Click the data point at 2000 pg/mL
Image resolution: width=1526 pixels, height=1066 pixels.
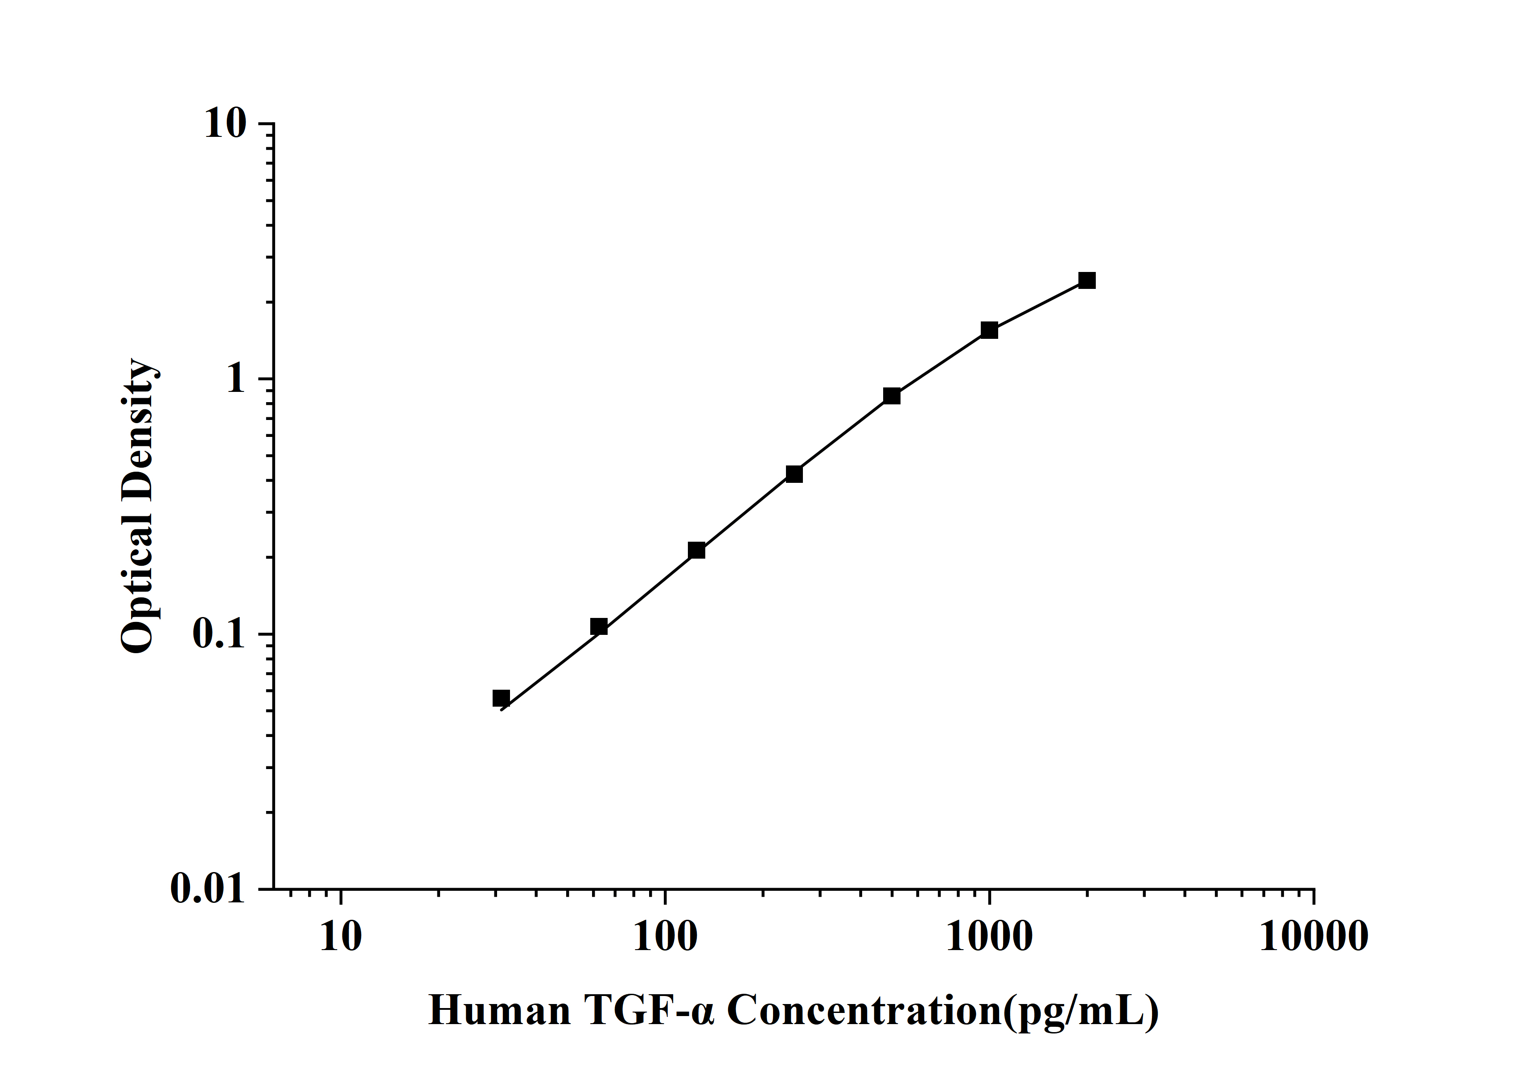(1087, 280)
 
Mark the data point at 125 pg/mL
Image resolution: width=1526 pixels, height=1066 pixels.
(696, 550)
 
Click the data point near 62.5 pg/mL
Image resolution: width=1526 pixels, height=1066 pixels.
(598, 627)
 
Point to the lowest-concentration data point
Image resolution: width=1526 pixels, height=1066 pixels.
(501, 699)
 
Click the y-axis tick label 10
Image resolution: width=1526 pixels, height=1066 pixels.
(225, 124)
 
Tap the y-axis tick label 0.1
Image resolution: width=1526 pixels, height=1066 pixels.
(218, 635)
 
